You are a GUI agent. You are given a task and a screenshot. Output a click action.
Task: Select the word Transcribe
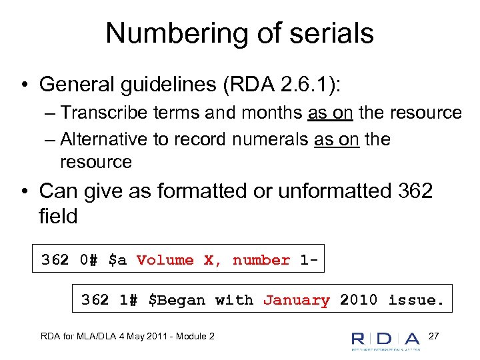pyautogui.click(x=109, y=113)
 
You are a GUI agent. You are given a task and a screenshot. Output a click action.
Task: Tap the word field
pyautogui.click(x=59, y=216)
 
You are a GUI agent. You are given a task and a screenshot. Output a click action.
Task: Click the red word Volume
pyautogui.click(x=165, y=260)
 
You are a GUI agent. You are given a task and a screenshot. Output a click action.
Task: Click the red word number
pyautogui.click(x=261, y=260)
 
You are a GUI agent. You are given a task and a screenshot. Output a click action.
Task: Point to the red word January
pyautogui.click(x=296, y=300)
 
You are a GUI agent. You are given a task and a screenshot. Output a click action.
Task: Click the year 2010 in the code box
pyautogui.click(x=359, y=300)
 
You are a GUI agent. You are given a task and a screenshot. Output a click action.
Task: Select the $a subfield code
pyautogui.click(x=117, y=260)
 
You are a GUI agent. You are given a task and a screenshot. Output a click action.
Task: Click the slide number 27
pyautogui.click(x=433, y=335)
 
